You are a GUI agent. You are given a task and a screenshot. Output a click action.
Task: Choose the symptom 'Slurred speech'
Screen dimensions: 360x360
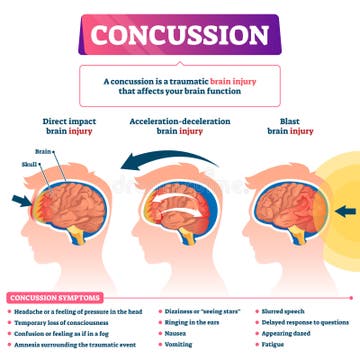point(285,311)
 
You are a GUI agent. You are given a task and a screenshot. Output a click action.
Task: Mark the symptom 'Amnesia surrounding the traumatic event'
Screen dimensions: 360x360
point(76,345)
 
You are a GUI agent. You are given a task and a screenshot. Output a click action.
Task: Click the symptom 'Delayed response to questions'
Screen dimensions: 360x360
point(305,322)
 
